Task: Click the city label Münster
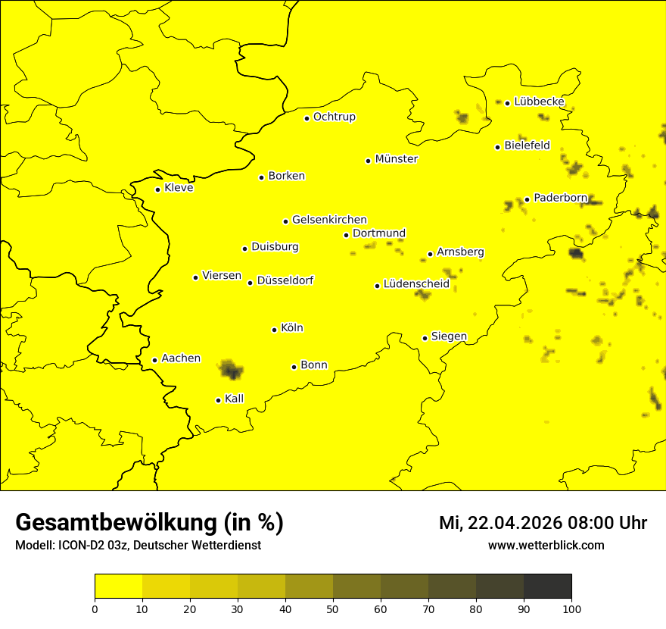click(x=396, y=159)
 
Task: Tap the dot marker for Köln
click(x=274, y=330)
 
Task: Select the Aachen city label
click(x=181, y=358)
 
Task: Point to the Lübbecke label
click(x=539, y=102)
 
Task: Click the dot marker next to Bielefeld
click(x=497, y=147)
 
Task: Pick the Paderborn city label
click(x=560, y=198)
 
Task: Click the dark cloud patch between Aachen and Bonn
click(x=231, y=370)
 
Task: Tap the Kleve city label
click(x=179, y=188)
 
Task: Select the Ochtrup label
click(x=334, y=117)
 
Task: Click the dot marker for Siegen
click(x=425, y=338)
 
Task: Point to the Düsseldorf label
click(x=285, y=280)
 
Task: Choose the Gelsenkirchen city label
click(x=329, y=220)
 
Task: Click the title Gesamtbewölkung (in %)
click(x=149, y=523)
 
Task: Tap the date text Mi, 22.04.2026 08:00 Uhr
click(x=543, y=523)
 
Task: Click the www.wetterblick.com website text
click(x=546, y=546)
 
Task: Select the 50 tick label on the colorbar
click(x=333, y=609)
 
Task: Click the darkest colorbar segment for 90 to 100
click(x=547, y=587)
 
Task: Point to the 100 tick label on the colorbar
click(x=571, y=609)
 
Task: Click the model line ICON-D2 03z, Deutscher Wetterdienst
click(x=138, y=546)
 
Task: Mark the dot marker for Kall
click(x=218, y=400)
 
